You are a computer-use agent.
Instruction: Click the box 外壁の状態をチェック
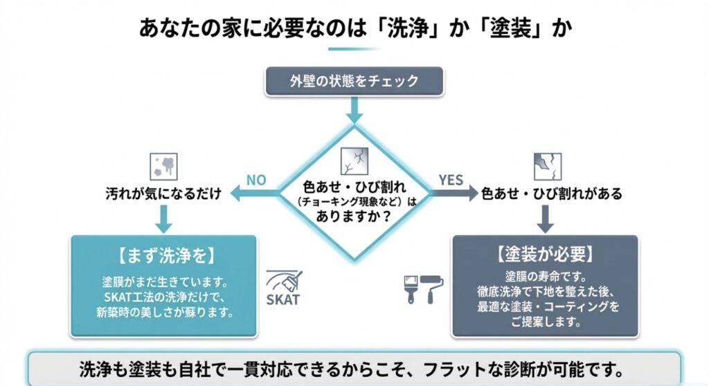click(x=354, y=81)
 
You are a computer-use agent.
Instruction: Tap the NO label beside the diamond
click(x=256, y=181)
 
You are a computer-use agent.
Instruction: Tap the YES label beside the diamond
click(x=451, y=180)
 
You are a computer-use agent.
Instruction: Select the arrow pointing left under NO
click(x=252, y=194)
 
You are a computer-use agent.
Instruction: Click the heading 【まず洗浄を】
click(x=163, y=257)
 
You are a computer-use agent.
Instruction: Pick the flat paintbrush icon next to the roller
click(x=411, y=289)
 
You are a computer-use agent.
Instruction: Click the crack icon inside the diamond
click(x=354, y=161)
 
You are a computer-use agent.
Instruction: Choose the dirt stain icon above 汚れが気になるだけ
click(x=163, y=166)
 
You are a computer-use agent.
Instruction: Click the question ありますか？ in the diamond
click(x=354, y=216)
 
